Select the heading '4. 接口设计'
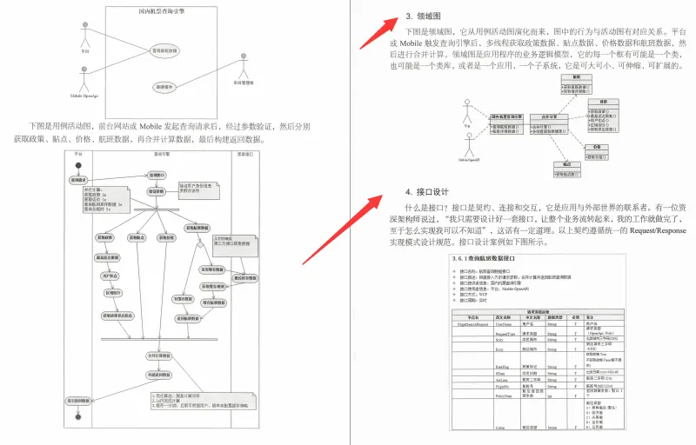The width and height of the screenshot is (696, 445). tap(438, 191)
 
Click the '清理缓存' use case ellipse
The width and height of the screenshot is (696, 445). tap(164, 87)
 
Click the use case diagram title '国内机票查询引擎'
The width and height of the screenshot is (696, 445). tap(164, 11)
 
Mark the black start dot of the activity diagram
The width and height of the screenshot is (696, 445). tap(78, 164)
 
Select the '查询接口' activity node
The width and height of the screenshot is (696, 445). tap(157, 174)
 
